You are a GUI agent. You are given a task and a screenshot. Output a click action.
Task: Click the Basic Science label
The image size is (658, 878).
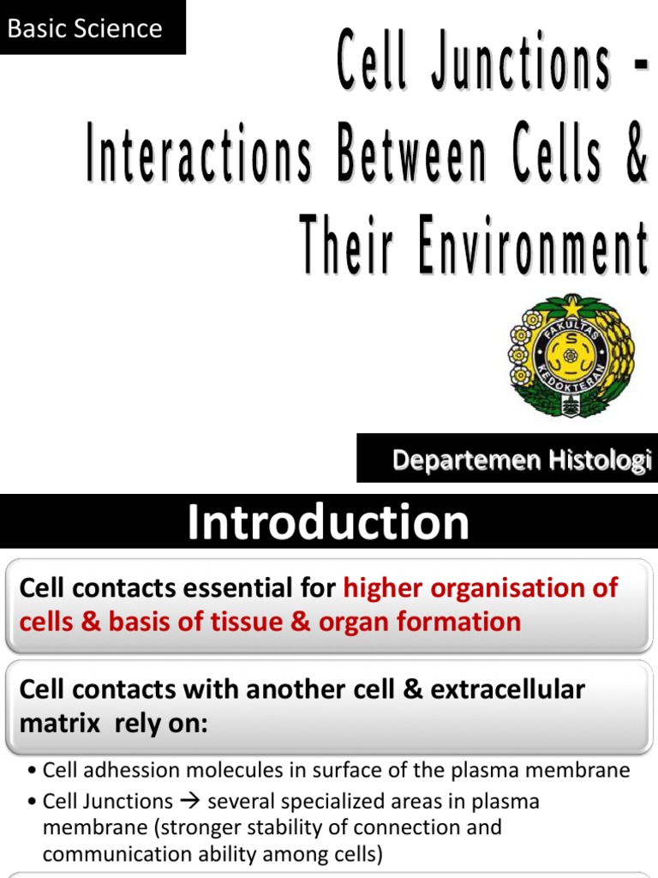84,28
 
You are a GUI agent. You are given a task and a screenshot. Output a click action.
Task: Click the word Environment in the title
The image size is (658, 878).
531,244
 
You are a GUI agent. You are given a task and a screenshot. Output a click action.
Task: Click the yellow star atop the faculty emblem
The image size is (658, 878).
571,304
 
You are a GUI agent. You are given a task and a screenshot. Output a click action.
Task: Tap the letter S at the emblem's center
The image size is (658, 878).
571,352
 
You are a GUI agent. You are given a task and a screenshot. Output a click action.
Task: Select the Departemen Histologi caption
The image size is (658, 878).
522,460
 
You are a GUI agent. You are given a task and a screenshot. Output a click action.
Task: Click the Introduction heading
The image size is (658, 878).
328,522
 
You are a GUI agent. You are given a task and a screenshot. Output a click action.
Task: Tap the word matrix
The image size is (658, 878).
55,724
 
